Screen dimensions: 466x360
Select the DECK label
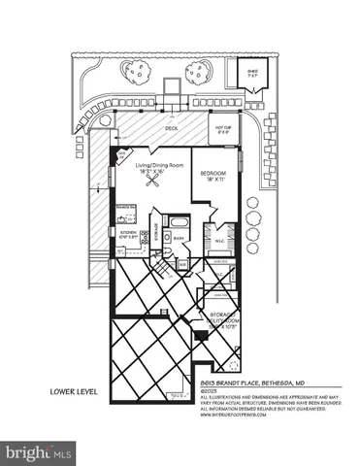click(x=171, y=127)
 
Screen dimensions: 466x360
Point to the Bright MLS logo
click(x=39, y=452)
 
